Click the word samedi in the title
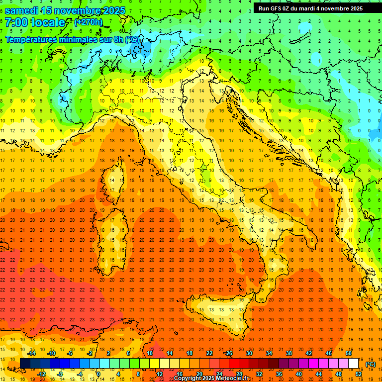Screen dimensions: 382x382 [22, 10]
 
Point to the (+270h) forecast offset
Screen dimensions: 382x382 [88, 22]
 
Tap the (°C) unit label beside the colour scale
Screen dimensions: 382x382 [371, 364]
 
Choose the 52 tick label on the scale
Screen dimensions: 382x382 [358, 374]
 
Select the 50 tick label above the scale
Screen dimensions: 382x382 [348, 353]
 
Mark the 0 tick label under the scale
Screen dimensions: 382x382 [99, 374]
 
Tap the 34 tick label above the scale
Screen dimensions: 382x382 [269, 353]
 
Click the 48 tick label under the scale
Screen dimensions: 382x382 [338, 374]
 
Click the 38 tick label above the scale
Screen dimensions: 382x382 [289, 353]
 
